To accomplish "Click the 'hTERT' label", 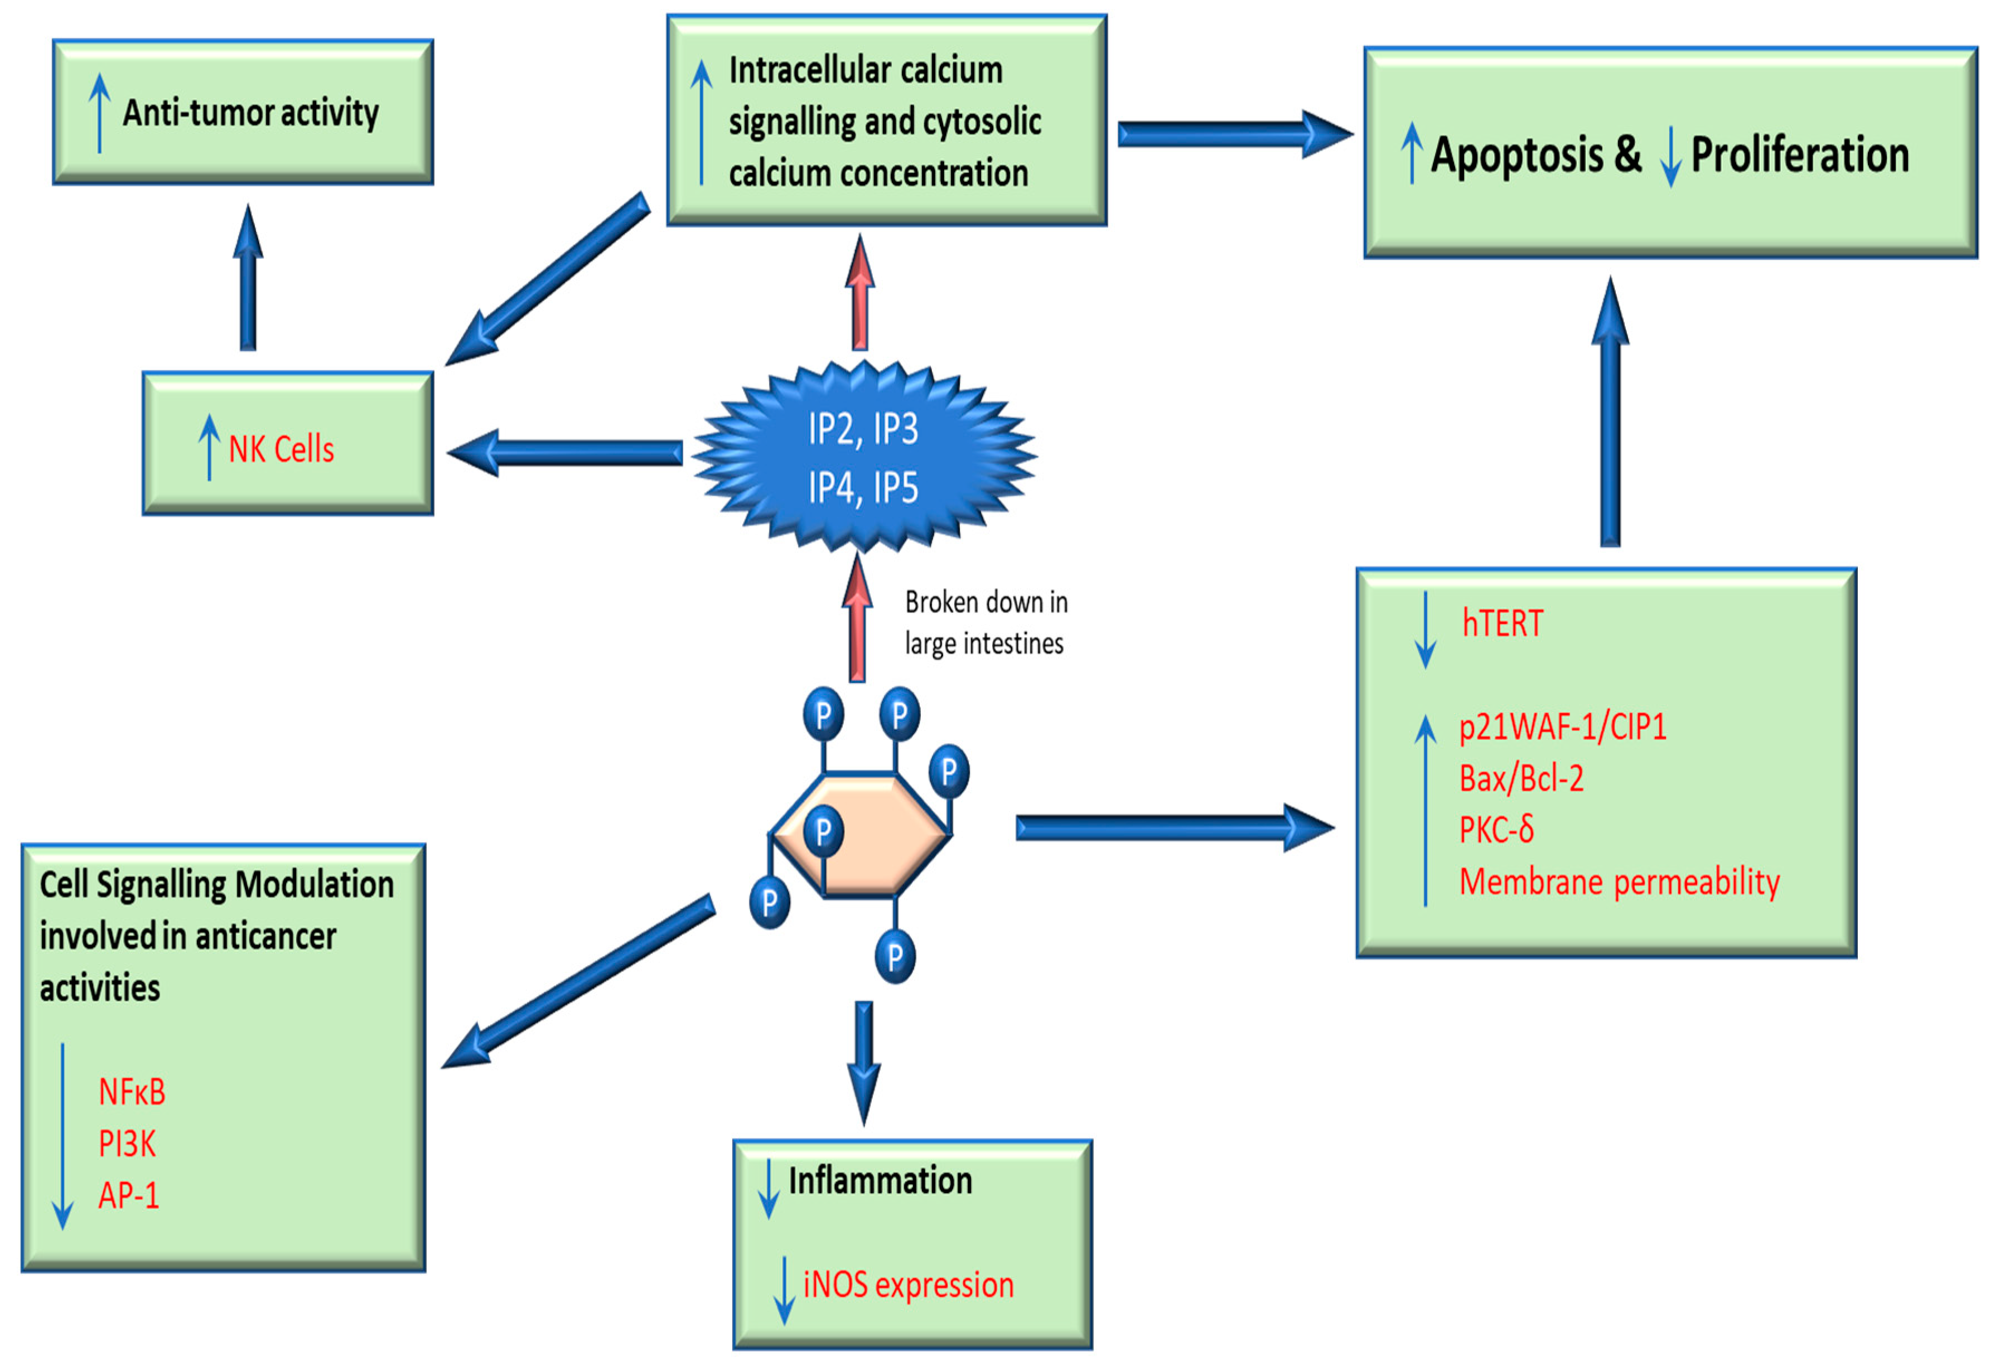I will (x=1502, y=624).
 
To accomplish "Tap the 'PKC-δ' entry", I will (x=1496, y=830).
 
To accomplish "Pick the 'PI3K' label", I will (x=127, y=1144).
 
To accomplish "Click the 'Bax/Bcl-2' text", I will (x=1521, y=778).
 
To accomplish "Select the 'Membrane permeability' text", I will (x=1619, y=882).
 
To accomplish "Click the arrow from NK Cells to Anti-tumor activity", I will (x=248, y=279).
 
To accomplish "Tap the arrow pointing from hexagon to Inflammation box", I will (x=863, y=1062).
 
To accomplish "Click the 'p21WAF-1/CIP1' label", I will (x=1562, y=726).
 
